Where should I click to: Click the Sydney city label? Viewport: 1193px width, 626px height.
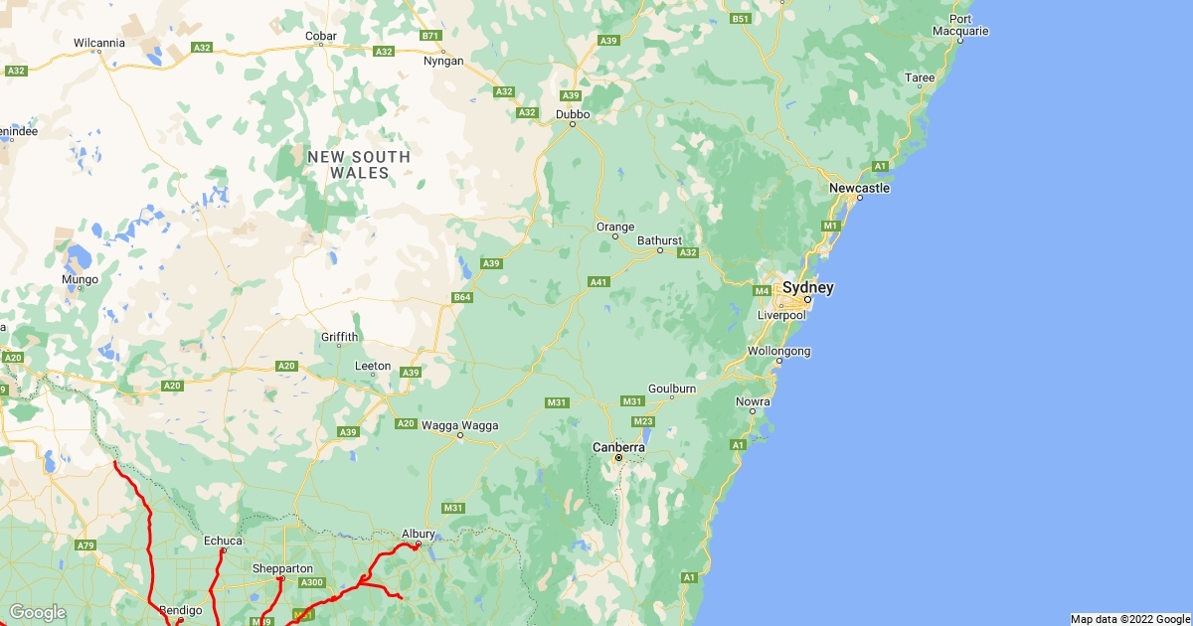807,288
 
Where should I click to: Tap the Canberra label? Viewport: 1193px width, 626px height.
618,447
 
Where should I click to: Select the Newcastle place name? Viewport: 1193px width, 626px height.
860,188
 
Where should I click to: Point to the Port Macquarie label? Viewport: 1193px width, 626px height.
960,25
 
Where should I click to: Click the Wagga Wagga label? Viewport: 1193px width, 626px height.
460,425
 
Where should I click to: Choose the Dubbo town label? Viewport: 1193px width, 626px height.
573,114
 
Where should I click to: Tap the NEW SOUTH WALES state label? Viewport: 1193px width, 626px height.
359,165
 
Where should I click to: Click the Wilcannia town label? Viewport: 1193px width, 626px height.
99,43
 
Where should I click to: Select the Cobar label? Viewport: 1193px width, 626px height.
321,37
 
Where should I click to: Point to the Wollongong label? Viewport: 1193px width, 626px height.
779,351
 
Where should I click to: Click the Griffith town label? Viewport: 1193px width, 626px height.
339,337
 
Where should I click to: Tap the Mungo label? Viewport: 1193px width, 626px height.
81,279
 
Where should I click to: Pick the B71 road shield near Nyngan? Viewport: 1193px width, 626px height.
430,36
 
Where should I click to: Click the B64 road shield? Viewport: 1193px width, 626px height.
461,297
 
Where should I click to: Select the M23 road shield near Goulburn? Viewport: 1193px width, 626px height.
642,421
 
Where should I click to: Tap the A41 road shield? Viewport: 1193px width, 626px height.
597,282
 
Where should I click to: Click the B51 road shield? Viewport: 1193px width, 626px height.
741,19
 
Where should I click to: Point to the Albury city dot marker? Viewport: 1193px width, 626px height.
418,544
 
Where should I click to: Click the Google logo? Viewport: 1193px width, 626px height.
38,612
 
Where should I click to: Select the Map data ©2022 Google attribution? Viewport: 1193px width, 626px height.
1130,619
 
